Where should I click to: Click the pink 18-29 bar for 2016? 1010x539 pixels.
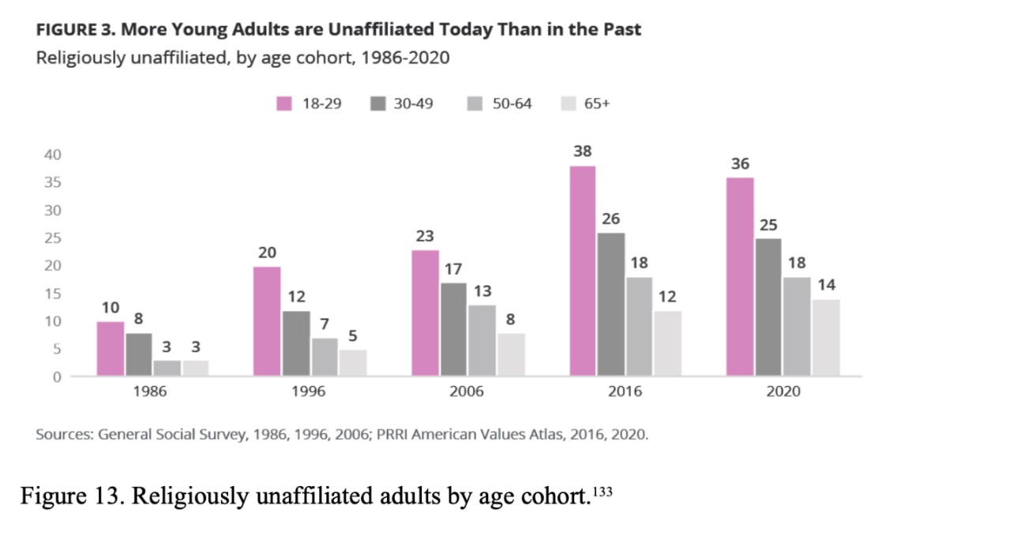coord(583,271)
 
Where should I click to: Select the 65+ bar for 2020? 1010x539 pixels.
coord(826,338)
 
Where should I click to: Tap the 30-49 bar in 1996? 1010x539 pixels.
coord(296,343)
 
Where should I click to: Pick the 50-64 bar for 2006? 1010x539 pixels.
coord(482,340)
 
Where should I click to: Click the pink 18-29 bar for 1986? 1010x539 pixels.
coord(111,349)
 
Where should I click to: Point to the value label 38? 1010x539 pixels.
coord(583,152)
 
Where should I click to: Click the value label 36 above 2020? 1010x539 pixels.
coord(740,164)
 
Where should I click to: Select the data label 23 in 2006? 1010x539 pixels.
coord(425,236)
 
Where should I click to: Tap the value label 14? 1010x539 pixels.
coord(826,285)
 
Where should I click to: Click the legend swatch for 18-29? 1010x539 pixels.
coord(283,103)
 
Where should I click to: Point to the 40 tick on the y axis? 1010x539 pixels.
coord(52,155)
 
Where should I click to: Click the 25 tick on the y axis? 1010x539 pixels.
coord(52,238)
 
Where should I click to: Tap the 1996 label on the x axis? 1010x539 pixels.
coord(308,391)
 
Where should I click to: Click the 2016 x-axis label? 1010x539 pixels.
coord(625,391)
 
